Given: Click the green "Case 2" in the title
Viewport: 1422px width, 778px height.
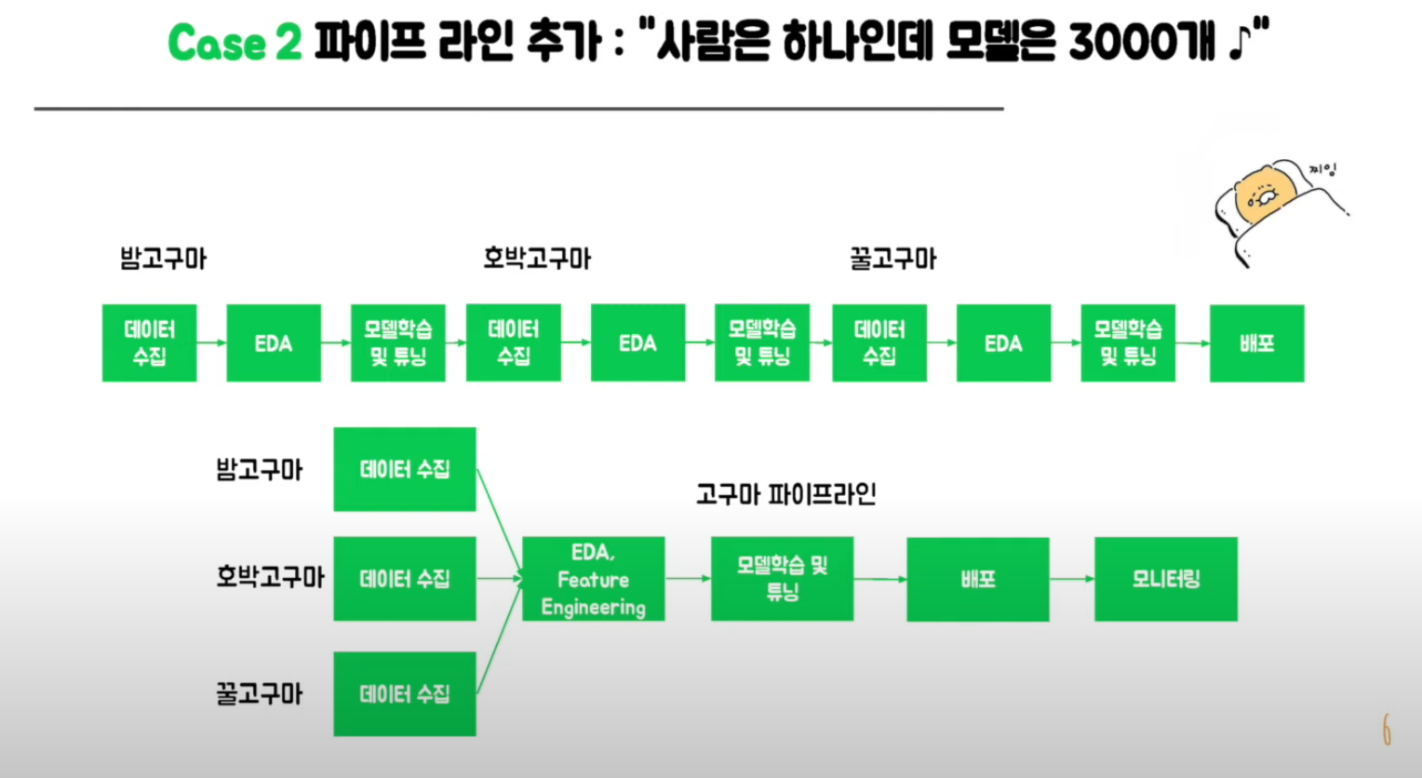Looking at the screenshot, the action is [235, 43].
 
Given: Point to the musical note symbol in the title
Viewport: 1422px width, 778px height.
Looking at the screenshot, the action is [1241, 43].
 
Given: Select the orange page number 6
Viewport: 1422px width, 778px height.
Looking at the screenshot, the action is [1387, 731].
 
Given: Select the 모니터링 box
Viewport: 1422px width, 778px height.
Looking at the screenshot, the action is [1166, 579].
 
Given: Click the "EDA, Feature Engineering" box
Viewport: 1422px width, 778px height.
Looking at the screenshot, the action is [594, 579].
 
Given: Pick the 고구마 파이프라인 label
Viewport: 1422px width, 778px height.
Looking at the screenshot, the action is [786, 494].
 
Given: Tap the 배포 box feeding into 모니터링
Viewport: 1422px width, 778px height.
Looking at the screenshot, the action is [978, 579].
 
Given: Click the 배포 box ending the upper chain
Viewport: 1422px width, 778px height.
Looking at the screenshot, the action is [1256, 343].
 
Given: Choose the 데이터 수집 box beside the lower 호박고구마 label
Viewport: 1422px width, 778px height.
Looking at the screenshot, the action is [405, 579].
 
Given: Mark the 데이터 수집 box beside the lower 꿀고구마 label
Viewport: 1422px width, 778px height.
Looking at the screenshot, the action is [405, 694].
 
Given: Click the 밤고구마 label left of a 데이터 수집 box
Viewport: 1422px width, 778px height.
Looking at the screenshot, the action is [260, 470].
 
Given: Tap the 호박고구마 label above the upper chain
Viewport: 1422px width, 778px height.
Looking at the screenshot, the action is [537, 259].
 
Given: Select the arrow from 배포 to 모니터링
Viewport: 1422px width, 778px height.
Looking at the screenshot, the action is [1072, 579].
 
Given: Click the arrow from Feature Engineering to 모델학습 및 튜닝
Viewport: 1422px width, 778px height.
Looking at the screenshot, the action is [688, 579].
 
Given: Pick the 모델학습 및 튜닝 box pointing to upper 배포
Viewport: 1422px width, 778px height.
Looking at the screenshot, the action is [1128, 343].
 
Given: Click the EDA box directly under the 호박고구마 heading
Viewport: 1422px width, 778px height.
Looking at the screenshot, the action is [637, 343].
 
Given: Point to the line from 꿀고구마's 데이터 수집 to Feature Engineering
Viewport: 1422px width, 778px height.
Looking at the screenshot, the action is [499, 638].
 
